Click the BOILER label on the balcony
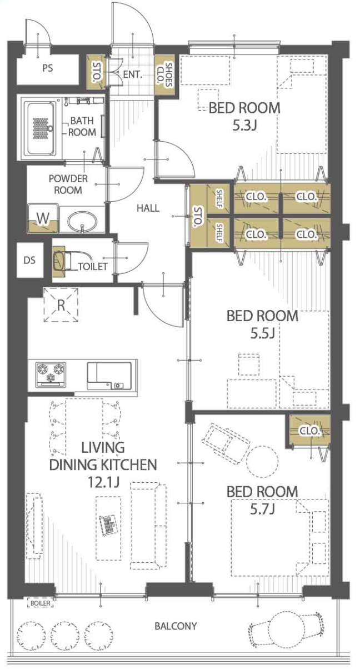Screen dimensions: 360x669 pos(41,603)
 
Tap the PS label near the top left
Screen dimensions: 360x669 pos(47,68)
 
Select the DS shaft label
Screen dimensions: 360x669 pos(29,260)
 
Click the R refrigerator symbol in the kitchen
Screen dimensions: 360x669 pos(61,305)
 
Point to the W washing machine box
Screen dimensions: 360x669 pos(43,218)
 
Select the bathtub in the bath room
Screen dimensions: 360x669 pos(39,128)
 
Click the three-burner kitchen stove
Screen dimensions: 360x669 pos(51,375)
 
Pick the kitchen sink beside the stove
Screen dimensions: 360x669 pos(109,376)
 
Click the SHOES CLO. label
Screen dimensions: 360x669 pos(165,74)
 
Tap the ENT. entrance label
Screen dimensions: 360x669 pos(133,74)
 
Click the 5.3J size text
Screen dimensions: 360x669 pos(244,126)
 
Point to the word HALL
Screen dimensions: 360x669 pos(148,208)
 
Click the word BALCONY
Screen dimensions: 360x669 pos(176,626)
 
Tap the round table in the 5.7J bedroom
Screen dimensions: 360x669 pos(262,462)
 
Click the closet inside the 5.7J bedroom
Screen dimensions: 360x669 pos(309,431)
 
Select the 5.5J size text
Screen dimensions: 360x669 pos(262,333)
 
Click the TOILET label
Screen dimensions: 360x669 pos(93,266)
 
